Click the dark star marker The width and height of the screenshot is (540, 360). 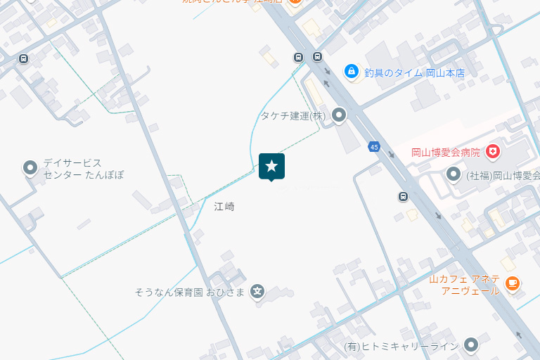[271, 167]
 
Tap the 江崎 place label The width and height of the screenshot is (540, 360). [224, 207]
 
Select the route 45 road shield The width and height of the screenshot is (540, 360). [373, 147]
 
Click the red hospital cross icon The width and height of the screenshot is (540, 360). [493, 151]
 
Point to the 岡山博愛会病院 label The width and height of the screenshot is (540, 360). [446, 152]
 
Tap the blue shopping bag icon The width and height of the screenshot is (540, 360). [351, 71]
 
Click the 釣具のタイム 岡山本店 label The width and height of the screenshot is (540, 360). [414, 72]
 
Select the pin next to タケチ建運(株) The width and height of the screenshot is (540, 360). [340, 115]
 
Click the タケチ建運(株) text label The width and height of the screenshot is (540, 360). [293, 115]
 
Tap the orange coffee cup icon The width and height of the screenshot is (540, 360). [512, 283]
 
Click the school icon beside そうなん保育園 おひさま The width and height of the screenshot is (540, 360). [258, 291]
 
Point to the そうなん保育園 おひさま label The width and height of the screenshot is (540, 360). [190, 292]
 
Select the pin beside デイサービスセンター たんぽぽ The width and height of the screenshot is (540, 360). [30, 168]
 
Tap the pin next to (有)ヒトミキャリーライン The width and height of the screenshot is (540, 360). [470, 345]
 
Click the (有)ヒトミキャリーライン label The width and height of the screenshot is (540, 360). [401, 346]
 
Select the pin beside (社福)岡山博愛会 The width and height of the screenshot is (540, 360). [454, 174]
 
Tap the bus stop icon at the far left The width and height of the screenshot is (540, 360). [24, 58]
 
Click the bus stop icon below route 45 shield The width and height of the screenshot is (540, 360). [403, 196]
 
